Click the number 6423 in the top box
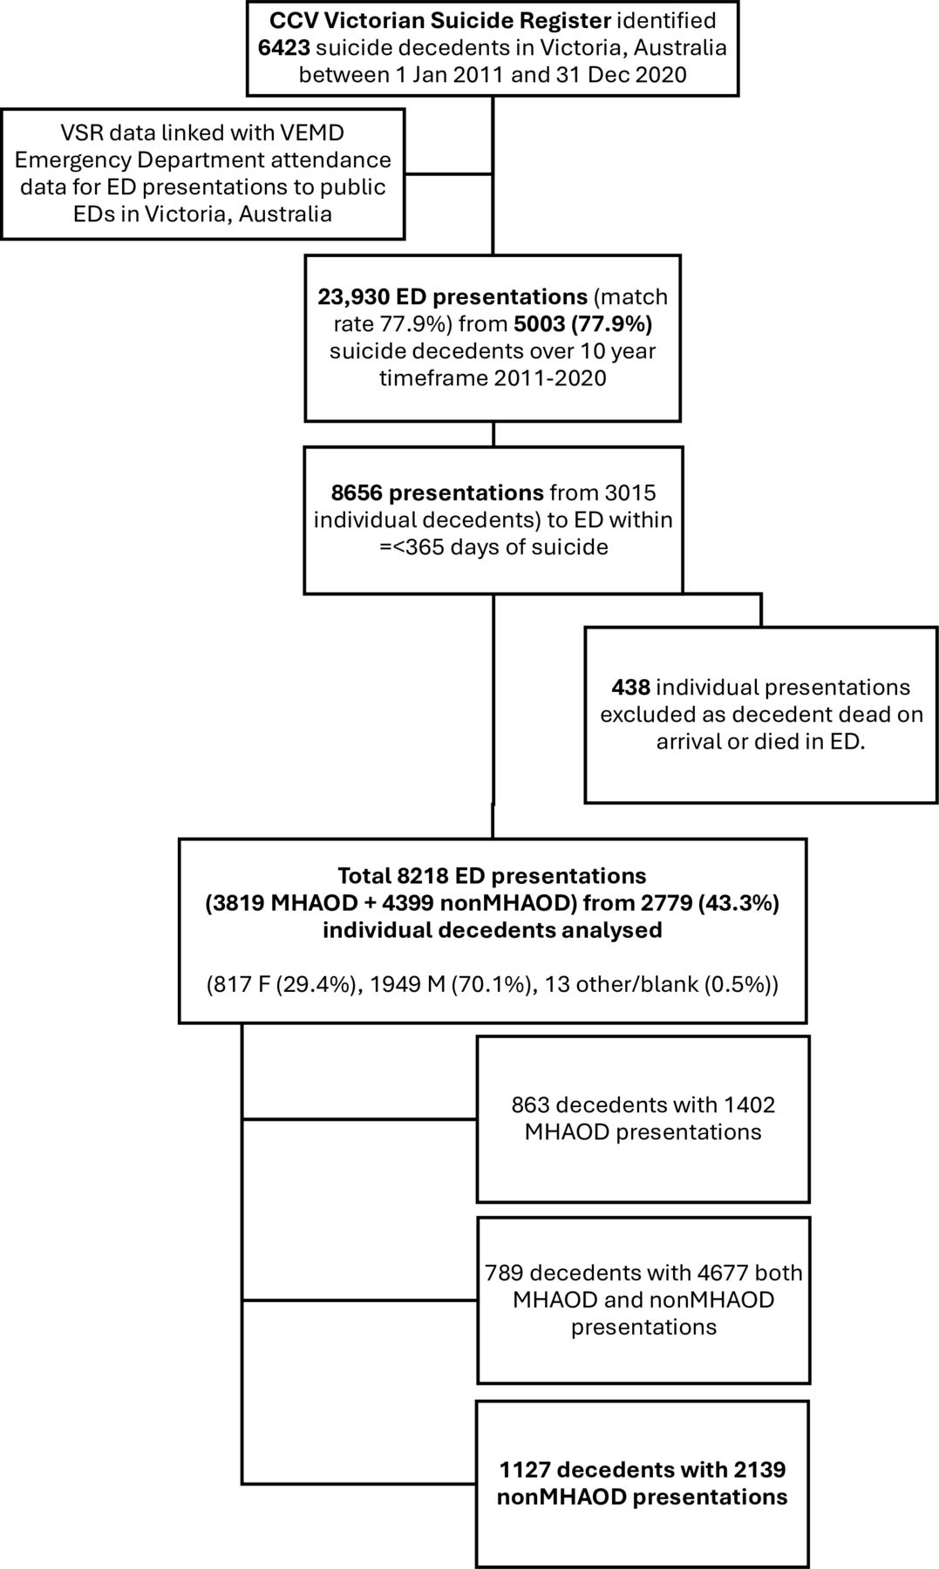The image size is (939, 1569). coord(284,47)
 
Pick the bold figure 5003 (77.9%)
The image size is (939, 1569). coord(582,324)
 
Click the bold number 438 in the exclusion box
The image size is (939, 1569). coord(630,688)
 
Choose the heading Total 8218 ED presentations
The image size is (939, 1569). coord(492,875)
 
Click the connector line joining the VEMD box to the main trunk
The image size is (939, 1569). coord(449,173)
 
